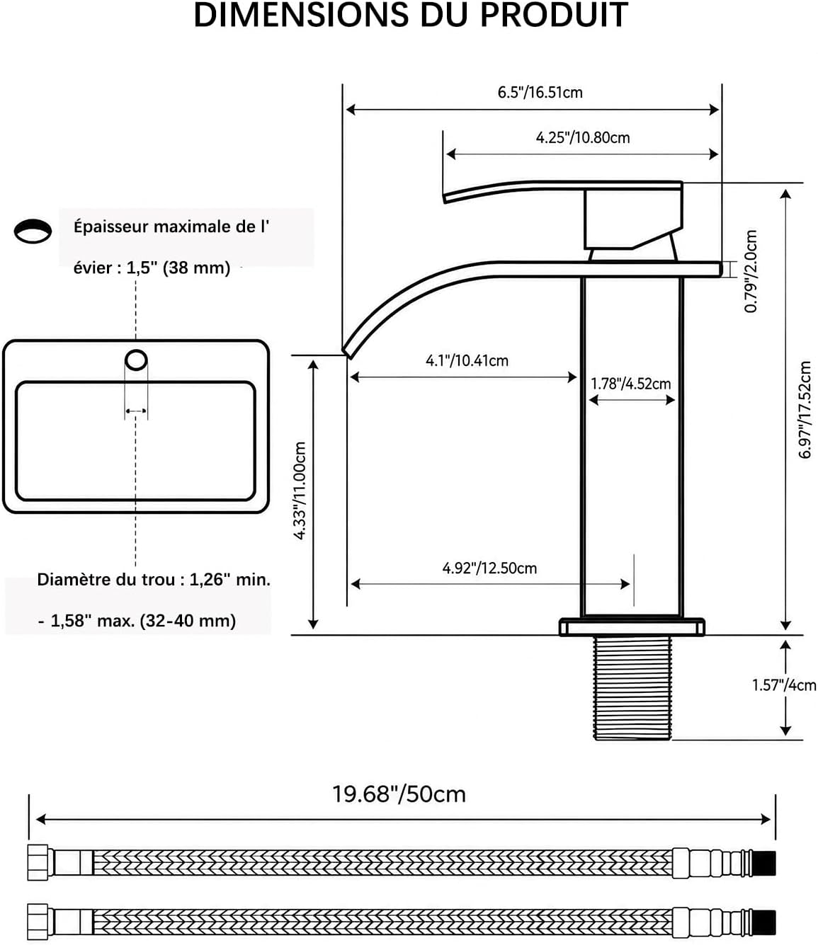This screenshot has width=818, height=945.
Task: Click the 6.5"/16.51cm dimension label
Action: coord(540,93)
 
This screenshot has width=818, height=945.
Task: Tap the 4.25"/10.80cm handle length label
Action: coord(583,137)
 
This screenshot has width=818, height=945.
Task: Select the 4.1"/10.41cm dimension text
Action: coord(467,361)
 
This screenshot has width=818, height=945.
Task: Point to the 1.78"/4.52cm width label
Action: coord(631,384)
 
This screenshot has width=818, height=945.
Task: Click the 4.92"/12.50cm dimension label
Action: coord(489,568)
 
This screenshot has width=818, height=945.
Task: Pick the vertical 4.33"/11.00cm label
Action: coord(300,491)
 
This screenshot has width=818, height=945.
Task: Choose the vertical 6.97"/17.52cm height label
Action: coord(805,410)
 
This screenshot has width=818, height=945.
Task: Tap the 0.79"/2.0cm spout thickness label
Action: coord(751,271)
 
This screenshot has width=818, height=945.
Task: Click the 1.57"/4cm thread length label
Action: coord(784,685)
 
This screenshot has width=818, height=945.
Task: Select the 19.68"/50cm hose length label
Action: coord(399,794)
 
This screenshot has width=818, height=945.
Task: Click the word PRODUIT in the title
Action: coord(554,15)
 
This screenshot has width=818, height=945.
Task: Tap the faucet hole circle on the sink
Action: coord(136,360)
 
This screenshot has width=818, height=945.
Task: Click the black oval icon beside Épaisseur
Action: coord(33,231)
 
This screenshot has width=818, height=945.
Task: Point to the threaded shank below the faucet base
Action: coord(632,687)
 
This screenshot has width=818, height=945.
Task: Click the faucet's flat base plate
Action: coord(632,626)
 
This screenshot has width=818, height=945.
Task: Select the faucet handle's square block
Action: coord(633,219)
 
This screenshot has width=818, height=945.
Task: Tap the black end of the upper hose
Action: coord(763,863)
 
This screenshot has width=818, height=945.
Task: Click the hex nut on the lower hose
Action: coord(38,922)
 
